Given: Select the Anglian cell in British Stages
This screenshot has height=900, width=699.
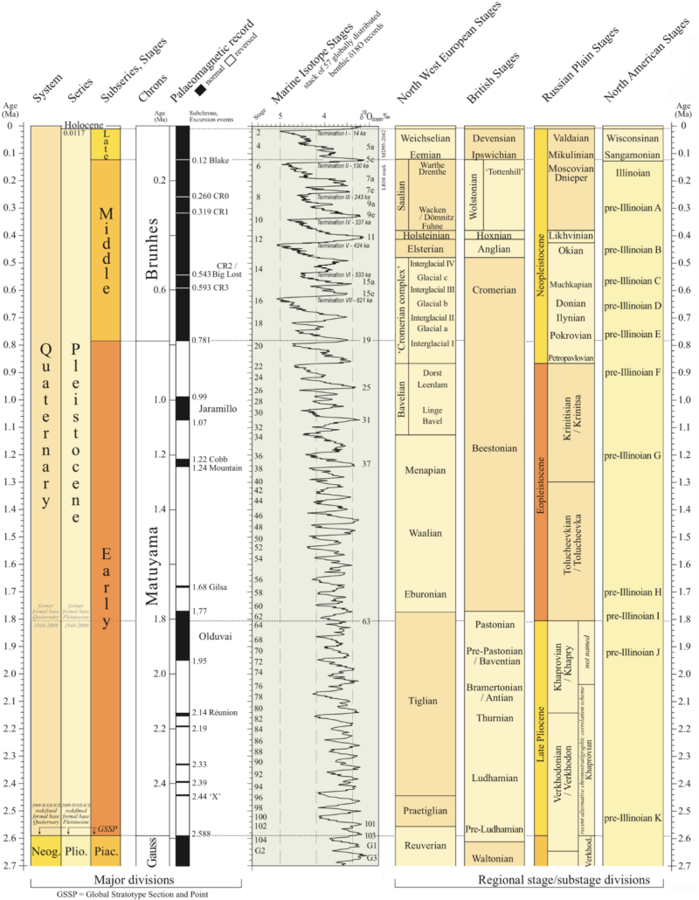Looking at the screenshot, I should pyautogui.click(x=495, y=248).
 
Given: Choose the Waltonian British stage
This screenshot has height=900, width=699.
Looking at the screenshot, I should pyautogui.click(x=495, y=855).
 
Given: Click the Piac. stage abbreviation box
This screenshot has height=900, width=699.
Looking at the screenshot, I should pyautogui.click(x=105, y=851).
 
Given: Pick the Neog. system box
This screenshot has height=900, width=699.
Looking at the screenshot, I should pyautogui.click(x=45, y=851).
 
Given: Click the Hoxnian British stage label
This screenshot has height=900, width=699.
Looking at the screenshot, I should pyautogui.click(x=495, y=235).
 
